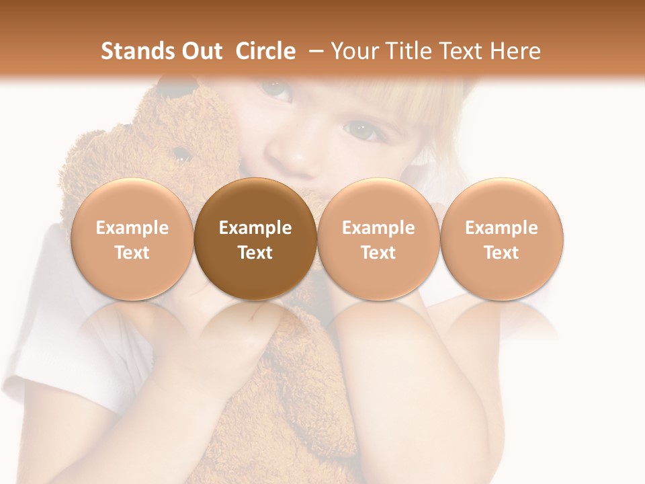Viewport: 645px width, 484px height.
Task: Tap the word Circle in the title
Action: (265, 51)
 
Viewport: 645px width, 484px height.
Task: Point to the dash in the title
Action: (316, 51)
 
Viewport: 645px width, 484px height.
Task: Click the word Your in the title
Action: (353, 51)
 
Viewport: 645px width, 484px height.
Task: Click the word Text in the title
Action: (461, 51)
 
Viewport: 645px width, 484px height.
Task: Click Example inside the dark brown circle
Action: (255, 228)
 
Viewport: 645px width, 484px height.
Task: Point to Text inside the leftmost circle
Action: (132, 253)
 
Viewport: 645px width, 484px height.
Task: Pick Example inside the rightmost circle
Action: (501, 228)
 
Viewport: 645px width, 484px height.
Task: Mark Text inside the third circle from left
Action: (378, 253)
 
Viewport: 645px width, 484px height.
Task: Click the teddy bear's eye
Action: (180, 155)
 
